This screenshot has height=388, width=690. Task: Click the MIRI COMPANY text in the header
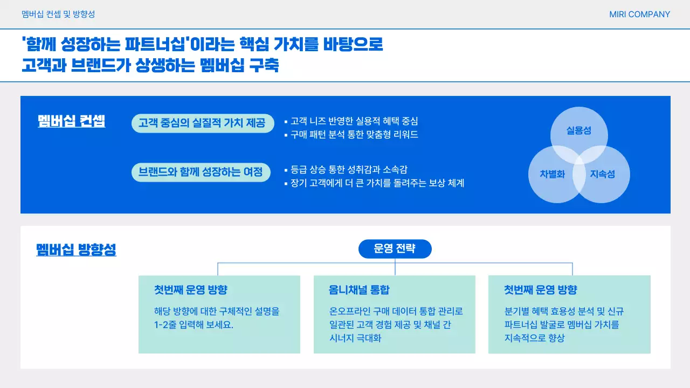[639, 15]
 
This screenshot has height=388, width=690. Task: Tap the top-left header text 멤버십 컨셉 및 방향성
[58, 15]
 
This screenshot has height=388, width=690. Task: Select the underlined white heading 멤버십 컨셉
[72, 121]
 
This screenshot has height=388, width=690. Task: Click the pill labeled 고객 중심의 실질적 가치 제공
[202, 123]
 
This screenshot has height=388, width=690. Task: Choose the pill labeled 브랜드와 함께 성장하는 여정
[201, 172]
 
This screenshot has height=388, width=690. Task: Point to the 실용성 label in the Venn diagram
[579, 130]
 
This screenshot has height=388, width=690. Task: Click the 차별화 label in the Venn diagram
[553, 174]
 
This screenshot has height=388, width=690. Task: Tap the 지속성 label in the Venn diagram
[602, 174]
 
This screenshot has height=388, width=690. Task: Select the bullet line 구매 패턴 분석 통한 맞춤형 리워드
[354, 135]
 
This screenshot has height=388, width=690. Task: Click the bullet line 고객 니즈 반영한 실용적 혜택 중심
[354, 121]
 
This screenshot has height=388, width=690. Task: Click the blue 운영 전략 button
[395, 249]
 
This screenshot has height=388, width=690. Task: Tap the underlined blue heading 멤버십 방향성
[76, 250]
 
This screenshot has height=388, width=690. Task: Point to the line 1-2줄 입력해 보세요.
[194, 325]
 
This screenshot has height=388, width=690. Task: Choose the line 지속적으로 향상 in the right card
[534, 338]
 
